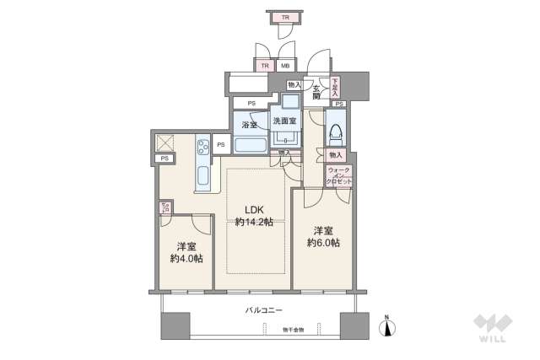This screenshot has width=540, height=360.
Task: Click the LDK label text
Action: [256, 211]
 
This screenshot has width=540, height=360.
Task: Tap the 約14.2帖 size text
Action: [256, 223]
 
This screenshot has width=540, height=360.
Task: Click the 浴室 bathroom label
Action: [249, 125]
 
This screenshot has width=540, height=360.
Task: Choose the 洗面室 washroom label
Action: [284, 121]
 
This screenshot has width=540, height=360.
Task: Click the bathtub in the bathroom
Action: [250, 144]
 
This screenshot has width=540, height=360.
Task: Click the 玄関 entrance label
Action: [316, 92]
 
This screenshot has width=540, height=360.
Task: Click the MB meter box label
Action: [286, 67]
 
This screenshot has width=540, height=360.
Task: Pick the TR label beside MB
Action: [265, 67]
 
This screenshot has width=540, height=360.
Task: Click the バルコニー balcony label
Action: [263, 311]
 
